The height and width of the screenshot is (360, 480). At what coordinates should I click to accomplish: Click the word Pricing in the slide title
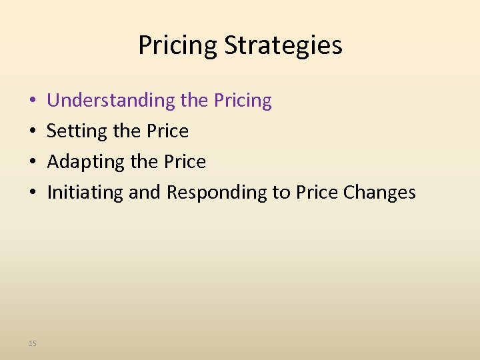[178, 46]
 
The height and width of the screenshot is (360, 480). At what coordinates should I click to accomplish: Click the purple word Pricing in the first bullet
[243, 101]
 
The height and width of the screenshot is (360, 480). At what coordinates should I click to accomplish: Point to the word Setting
[77, 131]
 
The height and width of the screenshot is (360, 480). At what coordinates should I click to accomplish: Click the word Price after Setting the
[167, 131]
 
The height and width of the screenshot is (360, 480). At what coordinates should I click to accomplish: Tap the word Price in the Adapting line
[184, 162]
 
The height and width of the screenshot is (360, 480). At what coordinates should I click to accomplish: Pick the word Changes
[379, 193]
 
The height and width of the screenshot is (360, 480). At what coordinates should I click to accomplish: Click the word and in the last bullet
[145, 193]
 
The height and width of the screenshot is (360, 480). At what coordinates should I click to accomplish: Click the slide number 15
[33, 343]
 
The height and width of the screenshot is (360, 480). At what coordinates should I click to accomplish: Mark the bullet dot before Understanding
[33, 101]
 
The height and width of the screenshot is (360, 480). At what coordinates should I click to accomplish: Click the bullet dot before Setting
[33, 132]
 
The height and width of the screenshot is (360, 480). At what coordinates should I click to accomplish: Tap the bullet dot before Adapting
[33, 163]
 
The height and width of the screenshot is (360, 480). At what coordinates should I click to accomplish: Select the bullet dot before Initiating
[33, 193]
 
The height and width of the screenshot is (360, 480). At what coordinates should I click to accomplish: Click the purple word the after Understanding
[194, 101]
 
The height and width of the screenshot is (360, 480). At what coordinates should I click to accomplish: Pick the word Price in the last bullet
[317, 193]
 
